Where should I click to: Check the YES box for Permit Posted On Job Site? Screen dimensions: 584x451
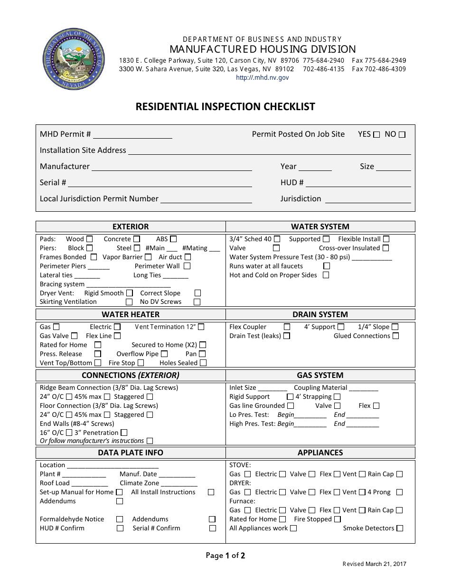[377, 135]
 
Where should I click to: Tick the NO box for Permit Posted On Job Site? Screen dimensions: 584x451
[402, 135]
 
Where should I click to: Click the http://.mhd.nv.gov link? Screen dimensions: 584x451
[262, 78]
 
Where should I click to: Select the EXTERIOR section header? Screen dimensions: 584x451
[131, 226]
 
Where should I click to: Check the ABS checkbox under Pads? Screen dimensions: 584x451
[173, 239]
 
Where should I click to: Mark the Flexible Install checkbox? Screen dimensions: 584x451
[386, 239]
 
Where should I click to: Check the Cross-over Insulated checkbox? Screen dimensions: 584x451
[385, 248]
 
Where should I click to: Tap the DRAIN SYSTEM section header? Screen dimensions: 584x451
[320, 314]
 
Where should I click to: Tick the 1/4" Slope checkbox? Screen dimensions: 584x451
[395, 327]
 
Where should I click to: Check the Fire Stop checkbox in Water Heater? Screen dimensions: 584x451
[141, 363]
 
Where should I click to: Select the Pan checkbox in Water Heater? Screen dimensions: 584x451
[202, 354]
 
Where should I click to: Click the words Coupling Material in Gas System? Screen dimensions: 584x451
[320, 388]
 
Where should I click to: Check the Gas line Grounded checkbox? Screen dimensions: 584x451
[291, 406]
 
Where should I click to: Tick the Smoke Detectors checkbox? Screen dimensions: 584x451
[400, 528]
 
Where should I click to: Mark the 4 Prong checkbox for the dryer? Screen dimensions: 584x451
[399, 492]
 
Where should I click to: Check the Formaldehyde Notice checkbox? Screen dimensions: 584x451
[120, 519]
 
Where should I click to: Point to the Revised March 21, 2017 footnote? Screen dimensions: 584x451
[374, 564]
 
